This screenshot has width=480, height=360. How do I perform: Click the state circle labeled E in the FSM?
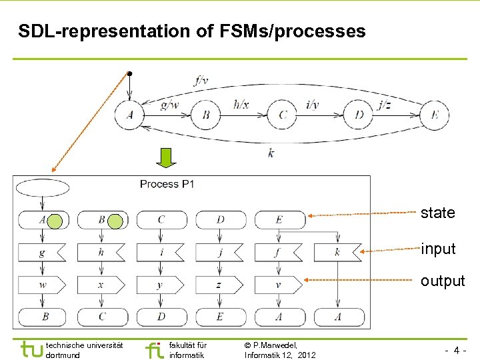(435, 115)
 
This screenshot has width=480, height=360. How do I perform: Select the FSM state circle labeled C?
(283, 115)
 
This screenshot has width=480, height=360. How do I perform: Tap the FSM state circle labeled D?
(359, 115)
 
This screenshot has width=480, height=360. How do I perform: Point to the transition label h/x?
(241, 104)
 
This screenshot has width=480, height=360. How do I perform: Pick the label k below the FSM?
(271, 153)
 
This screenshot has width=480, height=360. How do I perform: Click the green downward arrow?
(165, 158)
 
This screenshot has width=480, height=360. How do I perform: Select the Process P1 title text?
(167, 184)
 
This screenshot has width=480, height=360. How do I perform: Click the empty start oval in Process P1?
(42, 187)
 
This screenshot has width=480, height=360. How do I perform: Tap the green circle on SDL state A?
(56, 221)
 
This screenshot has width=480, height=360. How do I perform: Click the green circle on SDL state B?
(115, 221)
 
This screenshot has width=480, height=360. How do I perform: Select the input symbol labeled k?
(337, 253)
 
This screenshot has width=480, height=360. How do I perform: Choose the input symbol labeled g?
(42, 253)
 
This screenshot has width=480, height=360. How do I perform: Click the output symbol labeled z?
(219, 285)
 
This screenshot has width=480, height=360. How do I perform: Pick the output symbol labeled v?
(278, 285)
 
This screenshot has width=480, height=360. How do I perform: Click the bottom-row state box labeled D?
(160, 316)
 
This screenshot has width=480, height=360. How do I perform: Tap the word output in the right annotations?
(442, 281)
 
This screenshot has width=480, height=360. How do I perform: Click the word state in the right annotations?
(437, 213)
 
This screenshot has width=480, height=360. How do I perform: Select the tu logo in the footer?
(31, 349)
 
